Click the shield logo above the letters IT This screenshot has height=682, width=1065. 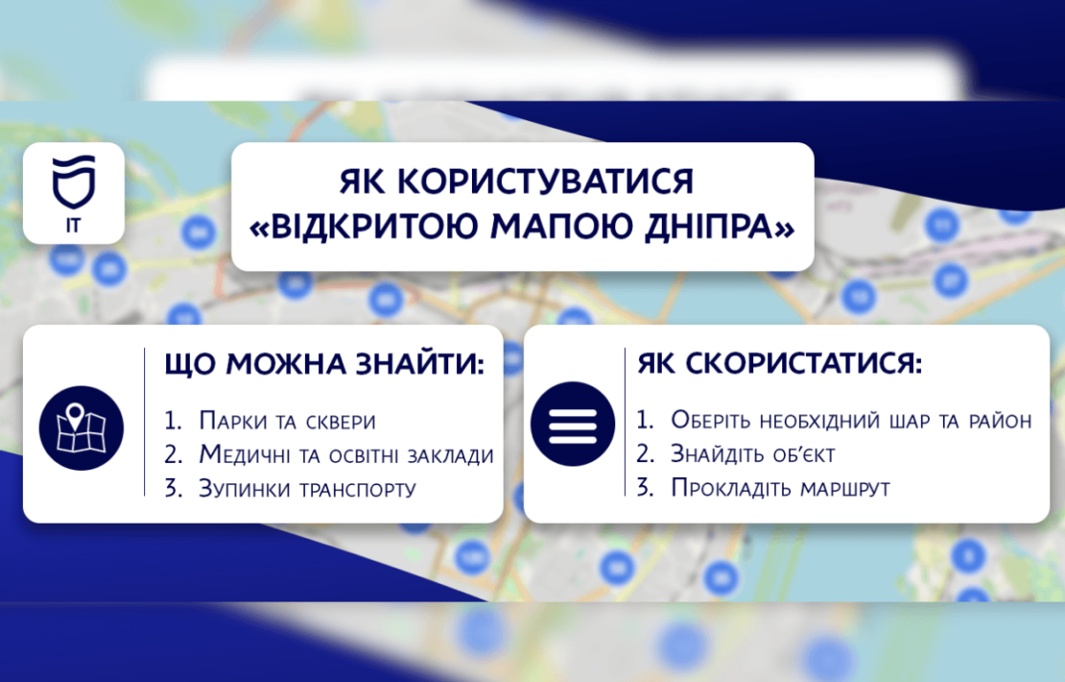pos(74,182)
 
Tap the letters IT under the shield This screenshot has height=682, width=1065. pos(73,225)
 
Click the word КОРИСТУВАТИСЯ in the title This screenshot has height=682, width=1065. pos(545,182)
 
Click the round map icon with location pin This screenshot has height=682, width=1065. pos(82,427)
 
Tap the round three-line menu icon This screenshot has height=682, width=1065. pos(573,425)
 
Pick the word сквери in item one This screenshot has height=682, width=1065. pos(341,423)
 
